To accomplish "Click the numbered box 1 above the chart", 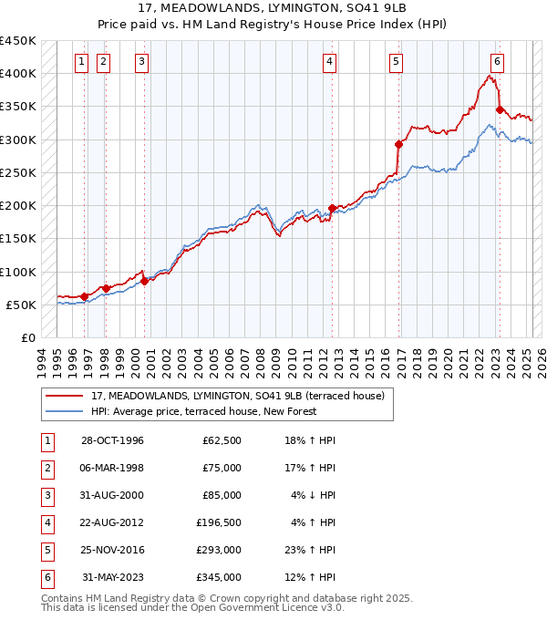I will click(x=81, y=62).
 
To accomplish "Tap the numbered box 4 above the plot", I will click(x=328, y=62).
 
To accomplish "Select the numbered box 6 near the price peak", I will click(x=497, y=62).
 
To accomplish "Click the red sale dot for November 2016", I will click(x=398, y=144).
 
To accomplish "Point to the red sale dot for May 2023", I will click(x=500, y=109).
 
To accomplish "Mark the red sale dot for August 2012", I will click(x=332, y=208).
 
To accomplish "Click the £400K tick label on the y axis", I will click(x=18, y=74).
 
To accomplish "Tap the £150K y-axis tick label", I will click(x=18, y=239).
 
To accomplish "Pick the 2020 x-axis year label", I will click(x=449, y=360).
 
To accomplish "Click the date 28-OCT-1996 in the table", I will click(x=112, y=441).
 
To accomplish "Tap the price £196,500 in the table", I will click(x=219, y=522).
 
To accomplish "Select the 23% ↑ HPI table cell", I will click(x=311, y=550).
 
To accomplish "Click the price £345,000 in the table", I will click(x=219, y=577).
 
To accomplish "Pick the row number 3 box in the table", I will click(x=46, y=495).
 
